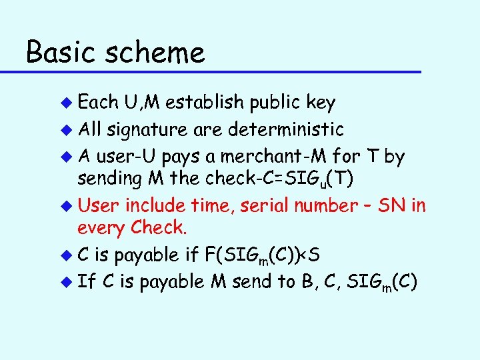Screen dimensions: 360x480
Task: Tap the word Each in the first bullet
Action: point(98,102)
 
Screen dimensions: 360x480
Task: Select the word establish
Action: point(205,102)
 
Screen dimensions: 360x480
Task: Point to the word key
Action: point(321,103)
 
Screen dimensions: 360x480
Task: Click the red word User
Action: point(99,205)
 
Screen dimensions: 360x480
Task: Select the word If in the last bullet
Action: point(85,281)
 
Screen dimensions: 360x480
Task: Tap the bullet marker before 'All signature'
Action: point(65,129)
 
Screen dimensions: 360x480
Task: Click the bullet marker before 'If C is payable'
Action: point(65,282)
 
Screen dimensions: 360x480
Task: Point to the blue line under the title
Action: point(221,71)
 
